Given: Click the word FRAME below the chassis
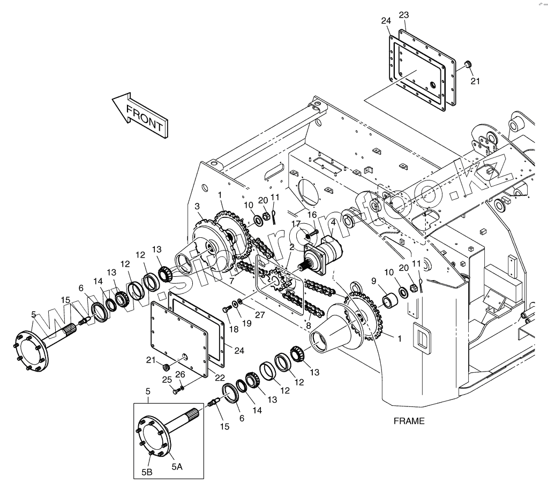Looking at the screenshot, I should click(x=409, y=421).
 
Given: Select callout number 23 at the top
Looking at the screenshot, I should click(x=404, y=14).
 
